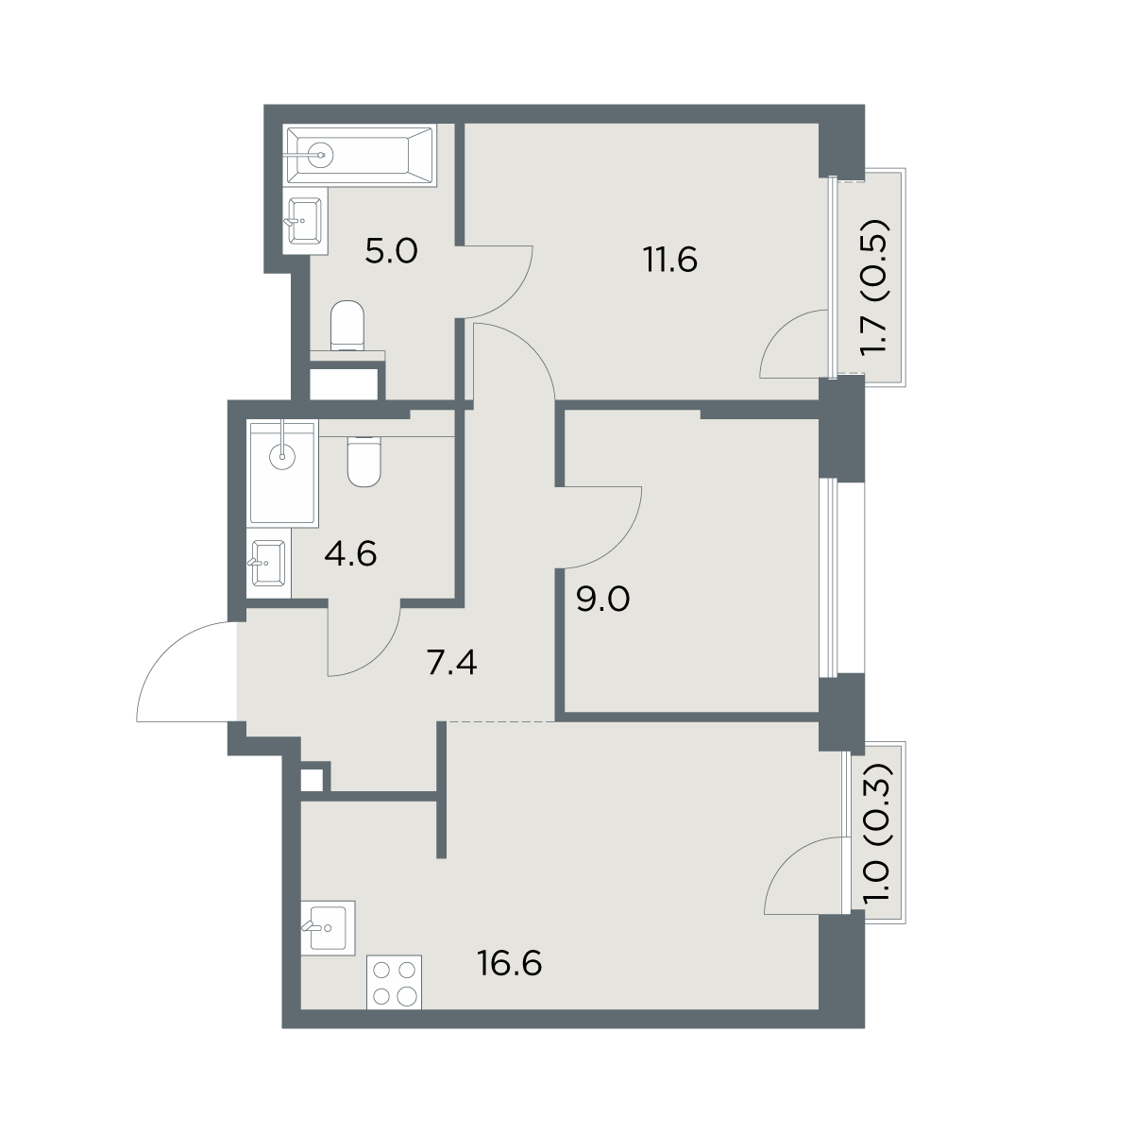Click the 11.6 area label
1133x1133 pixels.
click(670, 260)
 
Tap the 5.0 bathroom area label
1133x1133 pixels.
click(391, 252)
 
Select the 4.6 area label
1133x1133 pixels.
click(350, 554)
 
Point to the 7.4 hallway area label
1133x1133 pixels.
click(451, 664)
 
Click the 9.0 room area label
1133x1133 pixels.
click(602, 600)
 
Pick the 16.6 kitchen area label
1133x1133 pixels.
click(510, 964)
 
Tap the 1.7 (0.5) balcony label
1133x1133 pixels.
click(872, 288)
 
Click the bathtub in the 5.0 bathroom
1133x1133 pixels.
click(360, 155)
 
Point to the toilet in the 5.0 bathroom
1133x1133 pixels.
click(347, 326)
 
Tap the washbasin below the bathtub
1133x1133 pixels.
click(305, 221)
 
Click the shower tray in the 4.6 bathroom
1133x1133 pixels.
click(283, 472)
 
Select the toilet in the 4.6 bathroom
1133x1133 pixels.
click(364, 462)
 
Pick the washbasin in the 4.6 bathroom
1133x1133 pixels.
click(269, 563)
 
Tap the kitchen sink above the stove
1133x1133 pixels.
click(328, 928)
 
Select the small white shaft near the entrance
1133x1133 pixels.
click(313, 780)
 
